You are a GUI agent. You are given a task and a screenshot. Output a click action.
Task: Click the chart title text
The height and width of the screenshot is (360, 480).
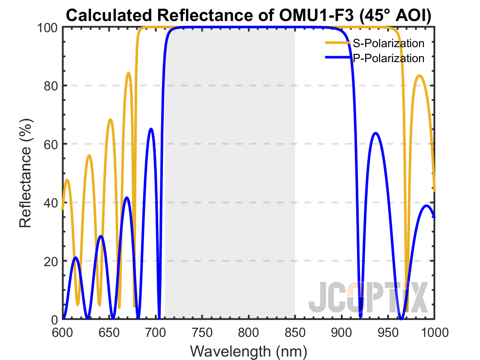(249, 15)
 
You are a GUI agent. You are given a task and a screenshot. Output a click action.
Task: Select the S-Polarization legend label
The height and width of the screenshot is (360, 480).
(388, 43)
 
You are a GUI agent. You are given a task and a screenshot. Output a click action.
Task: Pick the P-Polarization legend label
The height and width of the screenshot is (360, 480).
(388, 58)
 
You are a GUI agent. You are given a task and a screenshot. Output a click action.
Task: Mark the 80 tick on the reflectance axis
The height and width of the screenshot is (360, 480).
(50, 86)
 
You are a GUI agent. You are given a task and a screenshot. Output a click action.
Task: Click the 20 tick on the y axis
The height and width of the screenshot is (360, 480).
(50, 261)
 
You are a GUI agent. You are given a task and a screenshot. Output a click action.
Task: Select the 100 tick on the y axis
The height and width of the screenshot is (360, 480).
(47, 27)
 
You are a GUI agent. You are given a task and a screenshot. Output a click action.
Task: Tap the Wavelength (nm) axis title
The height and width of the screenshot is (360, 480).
(249, 351)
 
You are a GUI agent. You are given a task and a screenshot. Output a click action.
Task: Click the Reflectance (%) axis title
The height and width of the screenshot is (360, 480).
(26, 173)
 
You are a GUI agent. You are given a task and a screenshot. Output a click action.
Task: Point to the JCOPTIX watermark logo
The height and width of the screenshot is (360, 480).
(369, 297)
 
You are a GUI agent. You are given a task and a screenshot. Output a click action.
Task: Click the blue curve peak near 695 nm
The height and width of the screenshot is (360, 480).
(151, 129)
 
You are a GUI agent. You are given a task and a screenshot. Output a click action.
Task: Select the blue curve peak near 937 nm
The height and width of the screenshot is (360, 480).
(375, 133)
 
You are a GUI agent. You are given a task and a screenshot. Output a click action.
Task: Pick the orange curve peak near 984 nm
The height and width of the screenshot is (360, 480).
(420, 75)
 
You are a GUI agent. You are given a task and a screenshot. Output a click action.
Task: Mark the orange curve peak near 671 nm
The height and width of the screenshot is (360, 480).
(129, 73)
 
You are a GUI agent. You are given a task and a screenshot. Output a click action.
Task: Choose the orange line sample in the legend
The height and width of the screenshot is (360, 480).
(338, 43)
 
